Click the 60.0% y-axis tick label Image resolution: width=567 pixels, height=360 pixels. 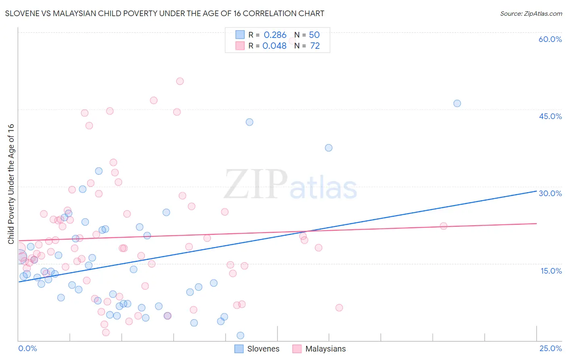pyautogui.click(x=550, y=39)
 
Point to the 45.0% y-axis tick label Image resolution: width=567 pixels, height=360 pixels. pyautogui.click(x=550, y=116)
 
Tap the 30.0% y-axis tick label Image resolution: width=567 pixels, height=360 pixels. pyautogui.click(x=550, y=193)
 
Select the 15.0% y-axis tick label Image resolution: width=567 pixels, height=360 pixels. pyautogui.click(x=551, y=271)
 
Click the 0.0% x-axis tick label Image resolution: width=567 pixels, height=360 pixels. pyautogui.click(x=27, y=348)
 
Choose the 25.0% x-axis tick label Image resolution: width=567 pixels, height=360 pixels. pyautogui.click(x=550, y=348)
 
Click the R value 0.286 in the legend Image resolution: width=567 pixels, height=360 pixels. pyautogui.click(x=275, y=35)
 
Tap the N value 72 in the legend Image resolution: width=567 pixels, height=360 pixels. pyautogui.click(x=315, y=46)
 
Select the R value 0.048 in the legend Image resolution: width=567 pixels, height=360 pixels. pyautogui.click(x=274, y=46)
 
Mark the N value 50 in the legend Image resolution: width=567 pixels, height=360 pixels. pyautogui.click(x=314, y=35)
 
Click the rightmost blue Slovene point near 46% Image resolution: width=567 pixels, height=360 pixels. pyautogui.click(x=457, y=103)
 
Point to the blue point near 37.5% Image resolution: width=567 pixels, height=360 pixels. pyautogui.click(x=329, y=148)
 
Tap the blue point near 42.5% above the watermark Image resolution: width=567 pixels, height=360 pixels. pyautogui.click(x=250, y=122)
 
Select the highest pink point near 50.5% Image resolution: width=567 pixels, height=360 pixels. pyautogui.click(x=180, y=81)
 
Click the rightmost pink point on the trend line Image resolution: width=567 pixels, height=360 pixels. pyautogui.click(x=444, y=226)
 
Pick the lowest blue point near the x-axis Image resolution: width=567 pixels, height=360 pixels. pyautogui.click(x=240, y=335)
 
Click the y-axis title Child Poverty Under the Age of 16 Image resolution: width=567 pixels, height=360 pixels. pyautogui.click(x=11, y=184)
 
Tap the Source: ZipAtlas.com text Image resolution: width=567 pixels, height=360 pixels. pyautogui.click(x=531, y=14)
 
